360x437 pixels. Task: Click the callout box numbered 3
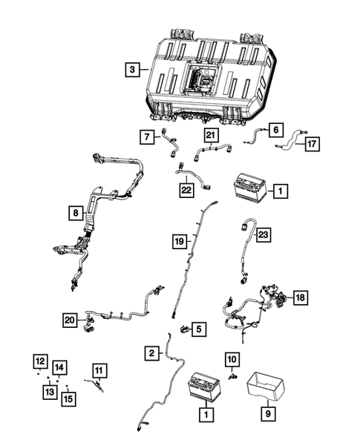[131, 70]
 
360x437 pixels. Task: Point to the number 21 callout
[212, 134]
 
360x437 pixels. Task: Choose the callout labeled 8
[74, 214]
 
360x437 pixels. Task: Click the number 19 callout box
[178, 241]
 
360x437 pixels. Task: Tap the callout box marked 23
[263, 234]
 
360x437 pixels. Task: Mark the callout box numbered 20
[69, 319]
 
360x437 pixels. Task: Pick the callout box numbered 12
[38, 361]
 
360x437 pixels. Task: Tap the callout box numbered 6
[275, 129]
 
